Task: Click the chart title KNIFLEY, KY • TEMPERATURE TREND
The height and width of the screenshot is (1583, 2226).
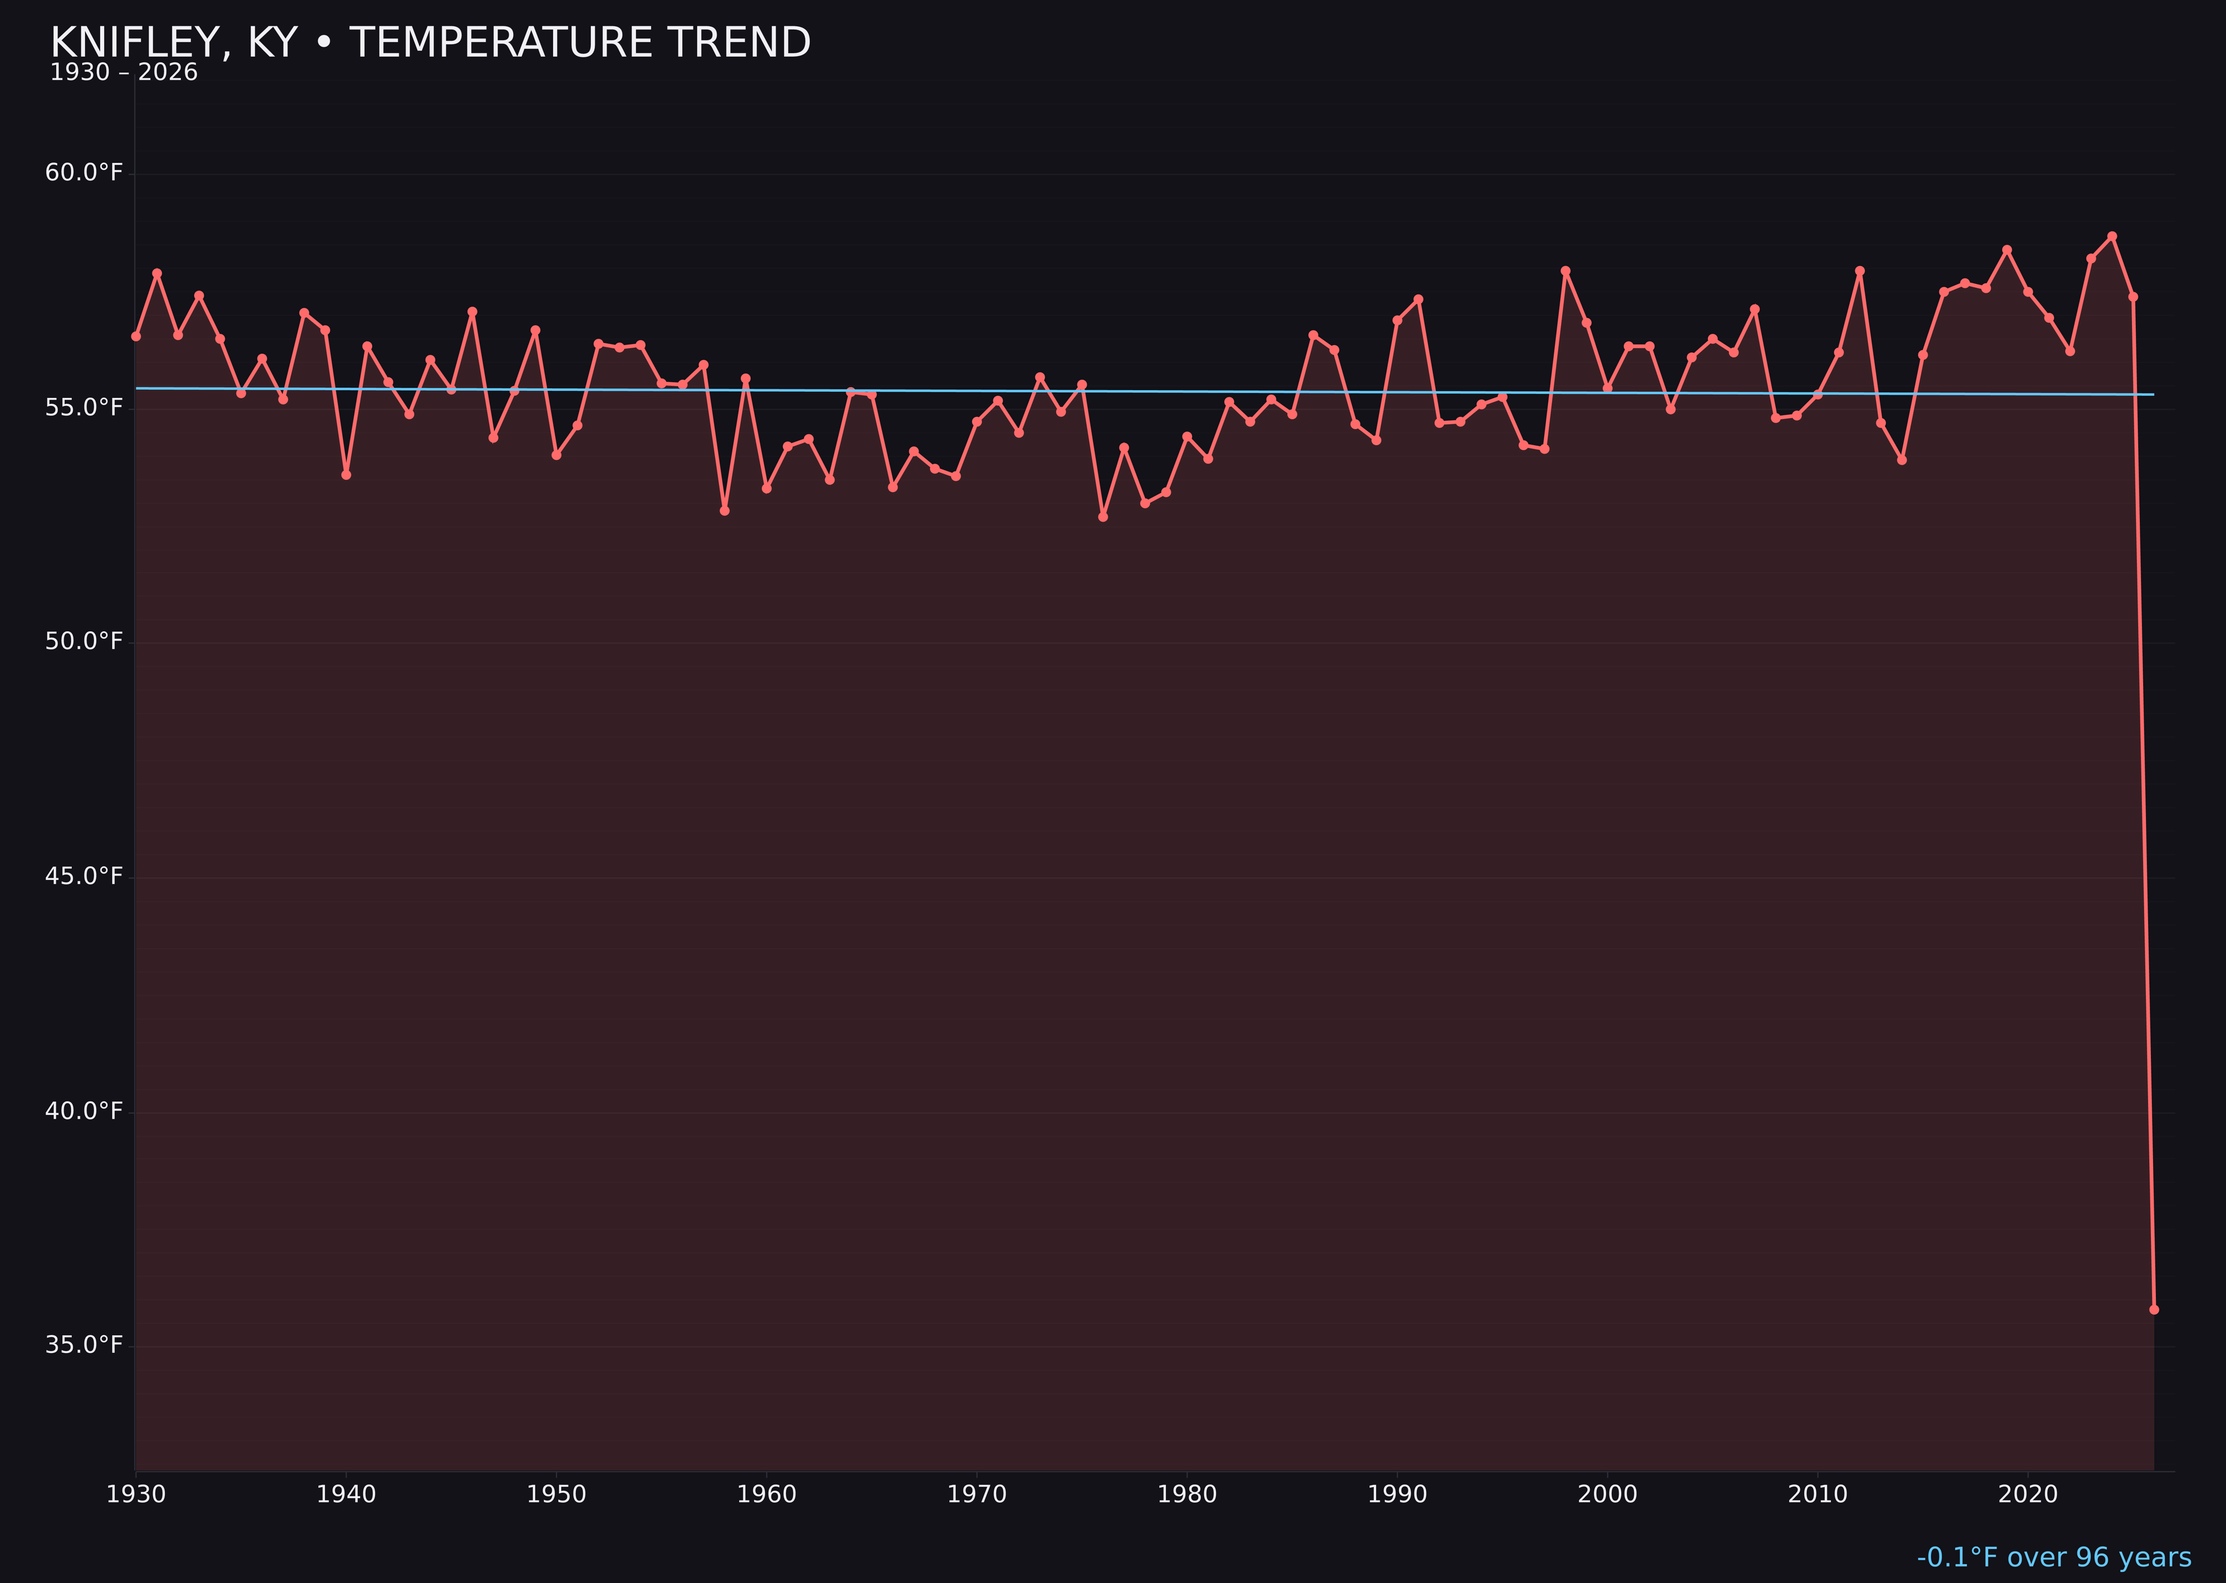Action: pyautogui.click(x=430, y=43)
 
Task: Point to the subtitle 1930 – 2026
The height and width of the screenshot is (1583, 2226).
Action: pyautogui.click(x=124, y=73)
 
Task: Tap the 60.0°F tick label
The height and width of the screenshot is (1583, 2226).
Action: pyautogui.click(x=84, y=173)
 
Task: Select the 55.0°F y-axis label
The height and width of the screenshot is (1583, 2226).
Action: pyautogui.click(x=84, y=407)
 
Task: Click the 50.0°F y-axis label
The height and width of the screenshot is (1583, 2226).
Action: pyautogui.click(x=84, y=641)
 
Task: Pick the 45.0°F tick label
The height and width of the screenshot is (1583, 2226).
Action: pyautogui.click(x=84, y=876)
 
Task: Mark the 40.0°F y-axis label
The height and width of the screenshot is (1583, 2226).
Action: pyautogui.click(x=84, y=1111)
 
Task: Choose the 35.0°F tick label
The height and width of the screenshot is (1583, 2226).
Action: pyautogui.click(x=84, y=1345)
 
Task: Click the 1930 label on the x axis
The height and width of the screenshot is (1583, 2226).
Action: pyautogui.click(x=135, y=1494)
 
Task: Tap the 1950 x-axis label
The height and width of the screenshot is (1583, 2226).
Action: pyautogui.click(x=556, y=1494)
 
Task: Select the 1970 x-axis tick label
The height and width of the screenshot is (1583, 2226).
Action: pyautogui.click(x=977, y=1494)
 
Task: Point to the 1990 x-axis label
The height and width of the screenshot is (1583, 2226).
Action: pyautogui.click(x=1397, y=1494)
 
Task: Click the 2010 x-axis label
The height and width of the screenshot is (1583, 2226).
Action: pyautogui.click(x=1818, y=1494)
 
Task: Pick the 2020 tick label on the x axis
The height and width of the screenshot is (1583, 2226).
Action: pyautogui.click(x=2027, y=1494)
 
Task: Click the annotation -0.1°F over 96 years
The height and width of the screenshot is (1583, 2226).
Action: pyautogui.click(x=2053, y=1557)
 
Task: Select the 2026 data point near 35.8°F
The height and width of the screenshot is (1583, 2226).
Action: pyautogui.click(x=2154, y=1309)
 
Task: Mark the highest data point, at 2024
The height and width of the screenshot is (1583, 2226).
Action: pyautogui.click(x=2112, y=236)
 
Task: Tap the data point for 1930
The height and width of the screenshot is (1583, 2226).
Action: pyautogui.click(x=135, y=336)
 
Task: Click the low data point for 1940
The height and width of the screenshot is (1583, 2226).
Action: pyautogui.click(x=346, y=475)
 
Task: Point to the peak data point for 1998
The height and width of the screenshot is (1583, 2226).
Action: pyautogui.click(x=1565, y=271)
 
